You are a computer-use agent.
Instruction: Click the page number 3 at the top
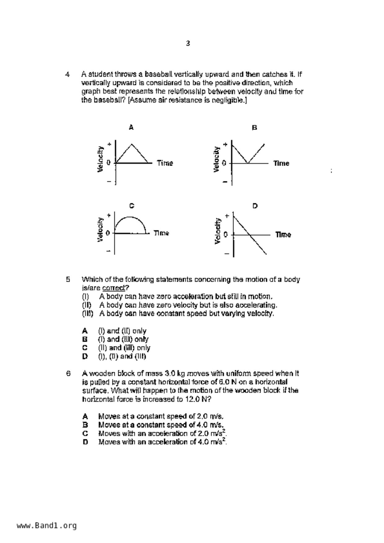pos(188,43)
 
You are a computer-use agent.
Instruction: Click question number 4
pos(67,74)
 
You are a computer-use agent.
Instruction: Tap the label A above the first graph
pos(131,127)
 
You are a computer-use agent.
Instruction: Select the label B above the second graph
pos(254,128)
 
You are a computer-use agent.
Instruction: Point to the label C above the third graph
pos(132,206)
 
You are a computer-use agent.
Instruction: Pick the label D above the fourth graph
pos(255,206)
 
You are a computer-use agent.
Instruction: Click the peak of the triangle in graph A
pos(132,144)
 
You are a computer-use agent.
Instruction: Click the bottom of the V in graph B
pos(248,163)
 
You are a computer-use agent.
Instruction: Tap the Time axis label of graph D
pos(283,235)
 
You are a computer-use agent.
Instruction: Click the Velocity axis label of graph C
pos(100,229)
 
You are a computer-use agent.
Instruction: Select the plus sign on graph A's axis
pos(109,144)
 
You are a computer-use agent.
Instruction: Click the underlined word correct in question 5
pos(114,288)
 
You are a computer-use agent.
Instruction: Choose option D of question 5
pos(85,356)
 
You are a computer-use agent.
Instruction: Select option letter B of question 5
pos(85,339)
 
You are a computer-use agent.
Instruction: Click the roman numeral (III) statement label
pos(87,314)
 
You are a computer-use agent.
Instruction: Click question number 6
pos(68,373)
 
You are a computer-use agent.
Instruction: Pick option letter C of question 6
pos(85,433)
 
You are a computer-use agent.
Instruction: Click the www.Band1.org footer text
pos(46,525)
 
